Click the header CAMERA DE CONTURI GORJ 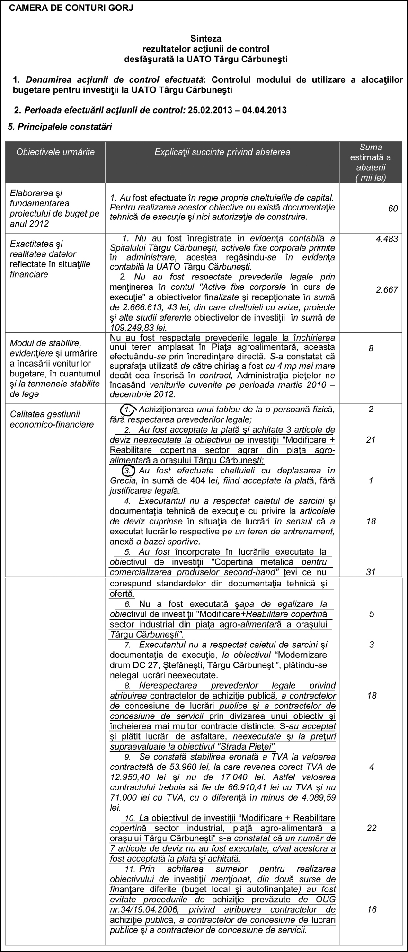point(71,8)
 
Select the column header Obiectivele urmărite point(55,152)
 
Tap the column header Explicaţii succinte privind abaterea point(222,152)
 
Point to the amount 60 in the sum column point(393,209)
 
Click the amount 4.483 point(387,239)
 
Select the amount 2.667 point(387,290)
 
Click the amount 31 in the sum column point(371,572)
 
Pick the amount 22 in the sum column point(372,828)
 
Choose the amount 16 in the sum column point(372,909)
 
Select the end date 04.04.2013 point(264,110)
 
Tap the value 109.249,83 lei point(138,328)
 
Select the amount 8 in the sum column point(371,349)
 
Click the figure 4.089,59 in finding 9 point(317,797)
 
